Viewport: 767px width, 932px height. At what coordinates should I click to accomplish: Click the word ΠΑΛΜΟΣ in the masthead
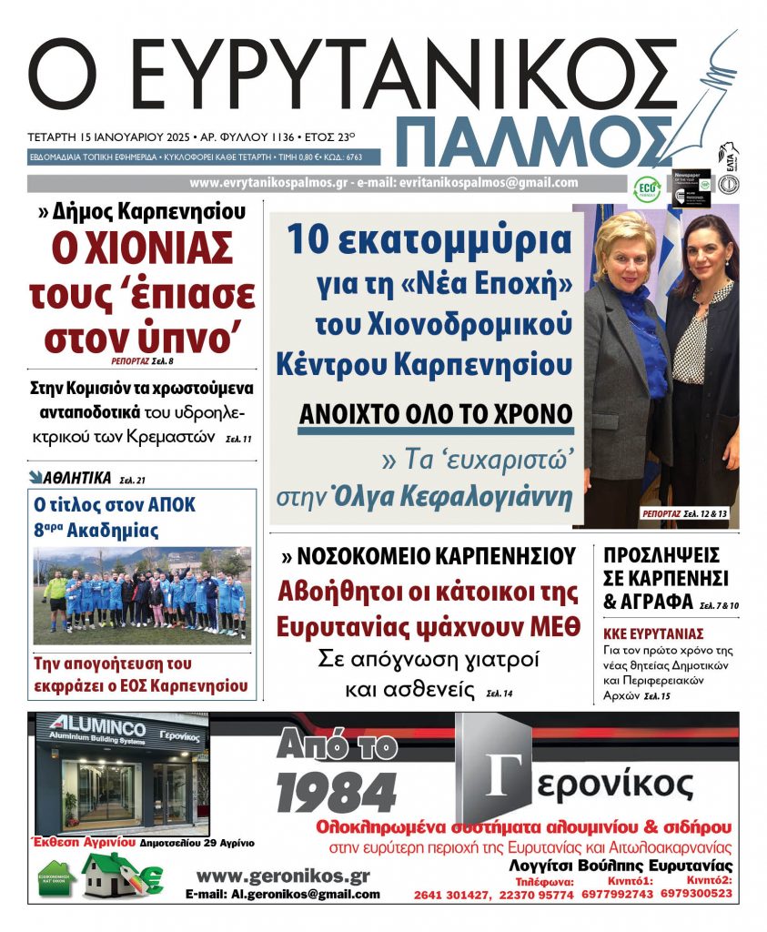[x=537, y=140]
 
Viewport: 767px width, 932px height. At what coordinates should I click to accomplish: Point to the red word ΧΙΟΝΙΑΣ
[x=140, y=248]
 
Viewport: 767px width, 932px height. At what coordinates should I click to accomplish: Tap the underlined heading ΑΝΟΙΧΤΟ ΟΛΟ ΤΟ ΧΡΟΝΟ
[x=436, y=413]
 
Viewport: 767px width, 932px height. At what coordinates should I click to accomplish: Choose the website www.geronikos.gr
[x=283, y=876]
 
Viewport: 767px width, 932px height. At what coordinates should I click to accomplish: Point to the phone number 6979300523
[x=697, y=894]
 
